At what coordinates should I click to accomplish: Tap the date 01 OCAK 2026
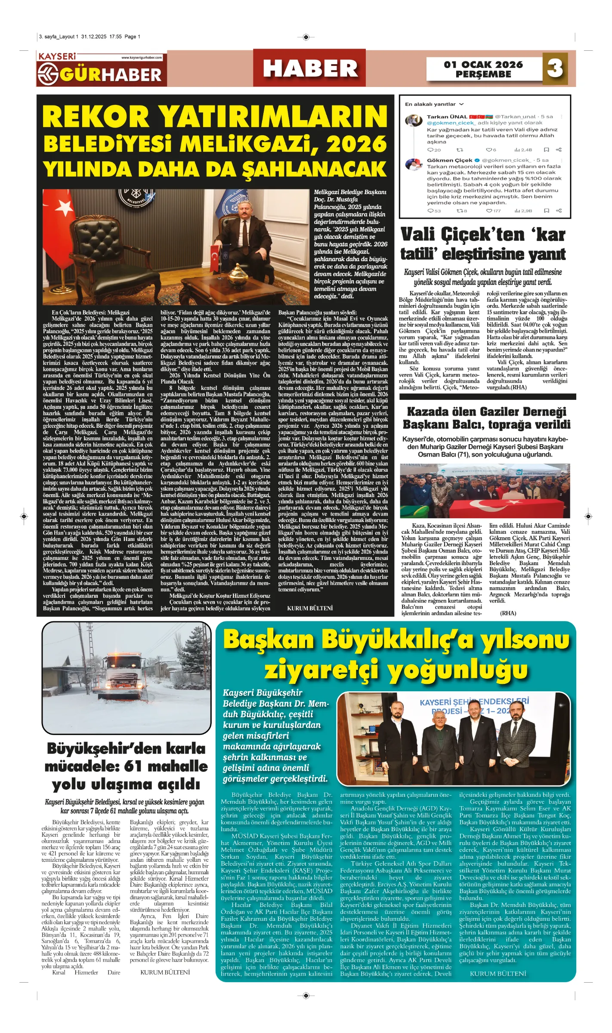click(x=483, y=65)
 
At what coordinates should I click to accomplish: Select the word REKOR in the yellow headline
click(x=96, y=117)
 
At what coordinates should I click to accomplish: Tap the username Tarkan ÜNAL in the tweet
click(x=447, y=117)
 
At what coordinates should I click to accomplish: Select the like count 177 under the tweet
click(x=497, y=211)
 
